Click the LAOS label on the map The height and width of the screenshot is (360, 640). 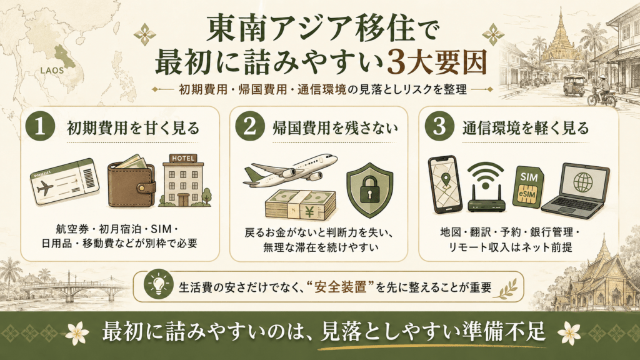52,70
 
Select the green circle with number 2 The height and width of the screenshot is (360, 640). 250,126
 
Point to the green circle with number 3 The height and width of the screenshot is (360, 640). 439,126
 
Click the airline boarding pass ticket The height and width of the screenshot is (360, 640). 65,182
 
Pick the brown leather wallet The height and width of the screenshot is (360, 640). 131,182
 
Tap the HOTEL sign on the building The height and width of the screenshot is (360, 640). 184,158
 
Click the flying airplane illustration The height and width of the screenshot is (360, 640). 290,169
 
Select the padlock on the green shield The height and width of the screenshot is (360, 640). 370,189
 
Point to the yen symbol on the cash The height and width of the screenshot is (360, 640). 309,211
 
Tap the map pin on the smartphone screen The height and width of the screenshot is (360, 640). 446,179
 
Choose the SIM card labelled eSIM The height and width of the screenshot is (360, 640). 528,187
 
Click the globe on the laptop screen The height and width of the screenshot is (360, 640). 583,182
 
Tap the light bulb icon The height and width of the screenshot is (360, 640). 158,283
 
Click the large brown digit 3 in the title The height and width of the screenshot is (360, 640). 398,62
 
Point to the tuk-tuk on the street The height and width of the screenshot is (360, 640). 574,85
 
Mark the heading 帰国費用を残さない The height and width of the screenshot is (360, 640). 335,128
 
